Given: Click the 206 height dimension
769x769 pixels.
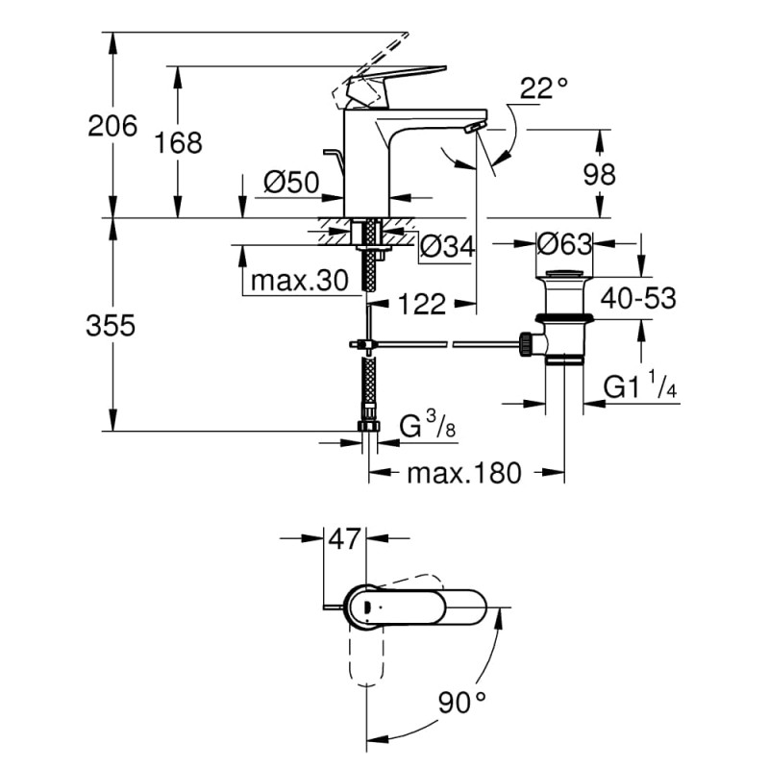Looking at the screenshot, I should click(x=112, y=126).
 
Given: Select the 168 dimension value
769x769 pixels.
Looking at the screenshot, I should click(x=180, y=143).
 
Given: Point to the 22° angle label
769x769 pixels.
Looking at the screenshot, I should click(x=544, y=89).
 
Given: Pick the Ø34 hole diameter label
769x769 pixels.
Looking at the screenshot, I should click(x=449, y=248).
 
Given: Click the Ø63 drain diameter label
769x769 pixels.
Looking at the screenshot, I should click(x=564, y=243).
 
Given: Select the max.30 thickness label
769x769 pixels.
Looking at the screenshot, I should click(x=297, y=282).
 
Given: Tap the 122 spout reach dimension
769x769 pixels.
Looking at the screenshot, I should click(x=422, y=305).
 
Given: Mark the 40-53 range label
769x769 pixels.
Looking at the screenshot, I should click(x=639, y=298).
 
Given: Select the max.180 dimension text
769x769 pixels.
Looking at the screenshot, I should click(x=464, y=473).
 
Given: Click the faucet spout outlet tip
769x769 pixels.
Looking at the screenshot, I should click(x=471, y=129).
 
